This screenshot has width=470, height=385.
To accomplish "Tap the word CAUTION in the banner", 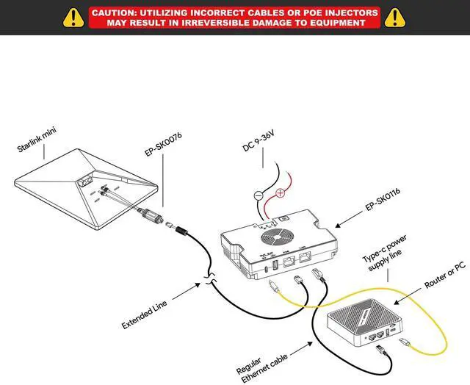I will tap(115, 12).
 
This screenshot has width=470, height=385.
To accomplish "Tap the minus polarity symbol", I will tap(258, 196).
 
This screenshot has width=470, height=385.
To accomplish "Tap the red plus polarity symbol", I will tap(280, 194).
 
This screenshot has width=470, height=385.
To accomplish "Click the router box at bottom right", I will tap(363, 318).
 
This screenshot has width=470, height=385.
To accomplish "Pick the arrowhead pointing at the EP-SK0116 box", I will tap(339, 224).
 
